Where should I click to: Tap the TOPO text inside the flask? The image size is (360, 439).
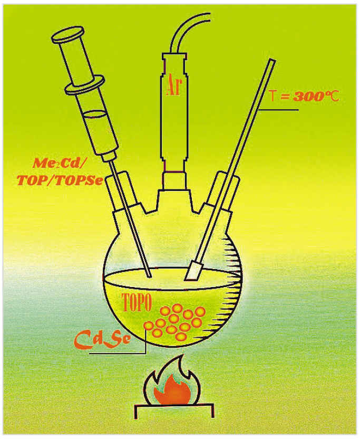tap(137, 302)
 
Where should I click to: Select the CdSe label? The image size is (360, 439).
tap(102, 339)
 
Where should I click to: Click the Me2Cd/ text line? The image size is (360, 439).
tap(58, 163)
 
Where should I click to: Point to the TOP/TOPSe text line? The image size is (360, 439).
tap(60, 180)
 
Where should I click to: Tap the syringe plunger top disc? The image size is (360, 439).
tap(69, 35)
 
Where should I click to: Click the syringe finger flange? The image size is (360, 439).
tap(85, 85)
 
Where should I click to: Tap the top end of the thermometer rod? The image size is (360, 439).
tap(272, 61)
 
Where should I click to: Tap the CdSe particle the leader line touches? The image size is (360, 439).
tap(148, 326)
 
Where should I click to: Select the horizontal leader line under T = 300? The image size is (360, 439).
tap(279, 109)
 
